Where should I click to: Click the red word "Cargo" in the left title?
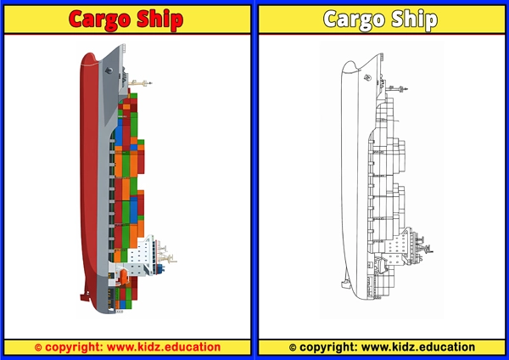click(x=99, y=20)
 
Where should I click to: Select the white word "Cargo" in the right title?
click(x=354, y=20)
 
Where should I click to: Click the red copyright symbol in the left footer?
click(x=38, y=347)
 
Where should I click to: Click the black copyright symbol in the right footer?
click(x=293, y=347)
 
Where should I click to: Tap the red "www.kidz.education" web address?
click(x=164, y=347)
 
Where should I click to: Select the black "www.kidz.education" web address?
click(x=418, y=347)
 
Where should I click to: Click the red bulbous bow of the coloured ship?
click(x=88, y=62)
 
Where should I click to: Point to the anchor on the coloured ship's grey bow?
click(x=109, y=70)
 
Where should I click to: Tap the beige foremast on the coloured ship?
click(x=140, y=83)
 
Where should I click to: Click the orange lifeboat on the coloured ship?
click(x=123, y=276)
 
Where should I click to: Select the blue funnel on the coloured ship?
click(x=160, y=269)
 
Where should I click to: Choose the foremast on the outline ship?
click(x=397, y=88)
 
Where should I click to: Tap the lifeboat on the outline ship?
click(x=381, y=264)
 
